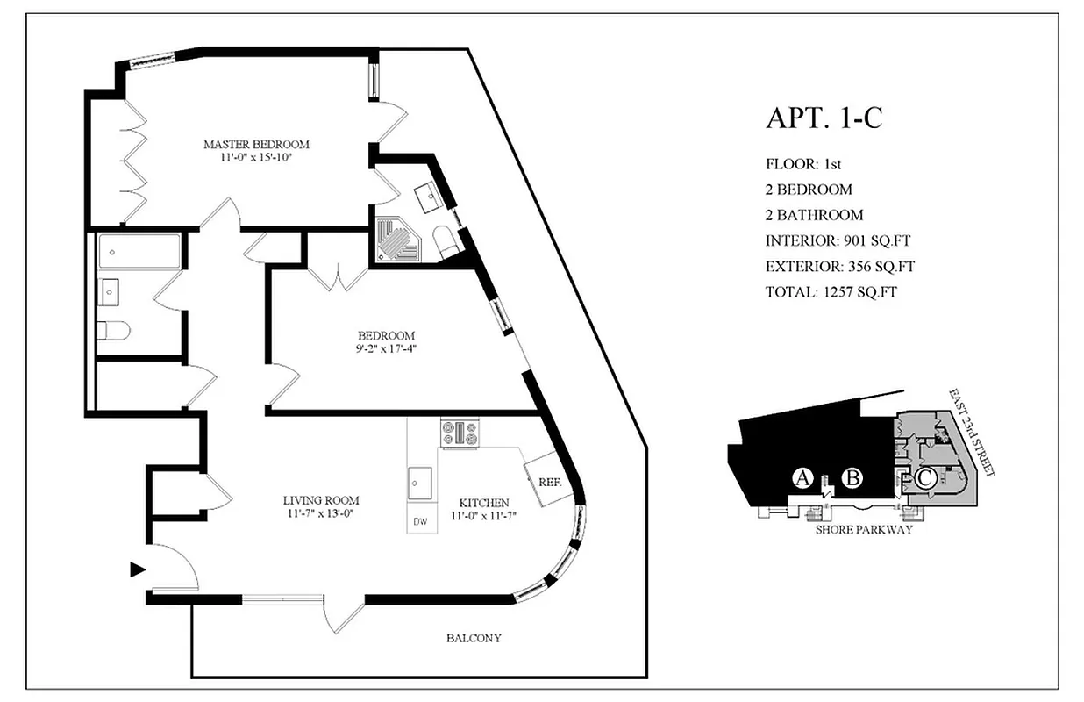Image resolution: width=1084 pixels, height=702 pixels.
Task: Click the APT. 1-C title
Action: coord(824,118)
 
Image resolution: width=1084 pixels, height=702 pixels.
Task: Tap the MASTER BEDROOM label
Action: coord(256,144)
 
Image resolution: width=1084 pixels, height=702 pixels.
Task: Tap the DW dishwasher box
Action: coord(421,521)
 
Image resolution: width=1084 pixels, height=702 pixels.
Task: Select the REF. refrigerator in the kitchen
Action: coord(546,481)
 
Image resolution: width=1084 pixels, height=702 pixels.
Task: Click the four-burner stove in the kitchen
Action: coord(460,432)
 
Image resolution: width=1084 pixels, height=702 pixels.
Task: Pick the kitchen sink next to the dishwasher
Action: coord(420,482)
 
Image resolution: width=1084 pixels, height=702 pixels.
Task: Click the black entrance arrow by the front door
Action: coord(136,569)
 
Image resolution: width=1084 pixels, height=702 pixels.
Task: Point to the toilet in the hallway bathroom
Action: coord(114,330)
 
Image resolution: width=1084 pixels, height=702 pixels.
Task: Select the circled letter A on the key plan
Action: coord(802,478)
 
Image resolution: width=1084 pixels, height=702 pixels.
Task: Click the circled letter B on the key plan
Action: coord(852,478)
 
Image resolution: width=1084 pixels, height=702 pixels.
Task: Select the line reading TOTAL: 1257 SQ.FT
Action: coord(830,291)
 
